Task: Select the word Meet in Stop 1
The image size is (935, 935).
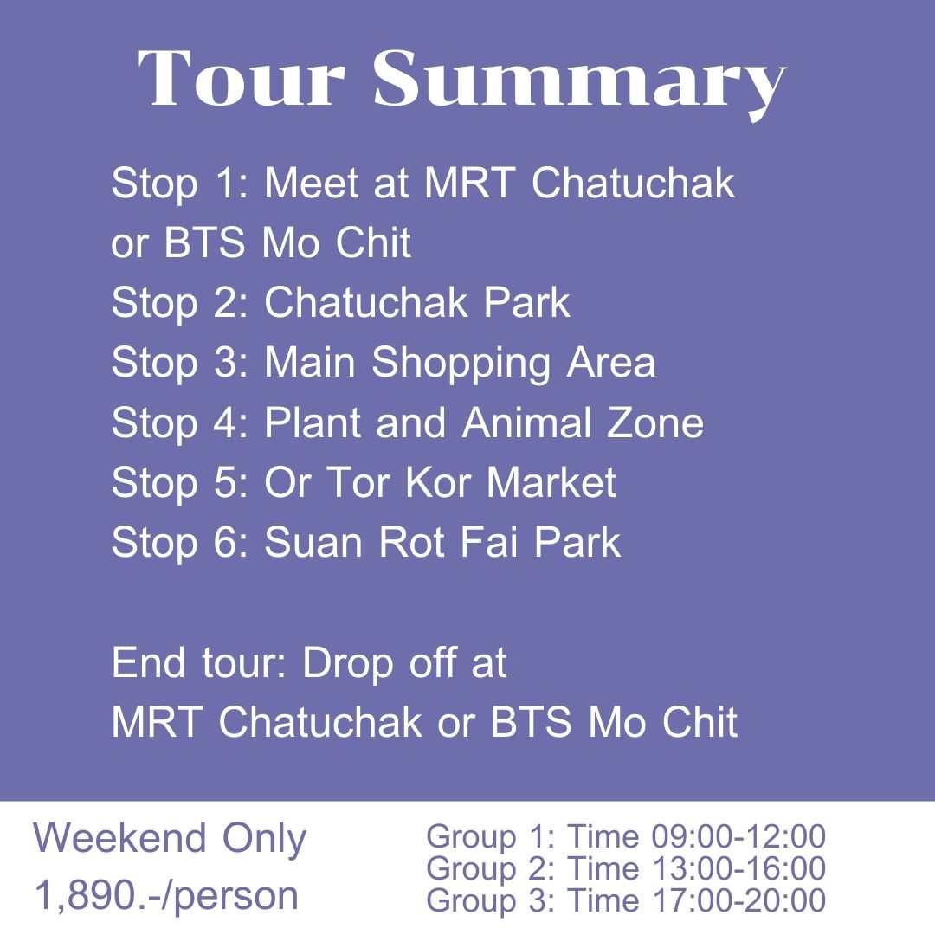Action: pyautogui.click(x=313, y=184)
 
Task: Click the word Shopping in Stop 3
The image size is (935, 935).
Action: pyautogui.click(x=463, y=364)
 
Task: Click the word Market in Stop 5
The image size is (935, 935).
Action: pyautogui.click(x=551, y=482)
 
